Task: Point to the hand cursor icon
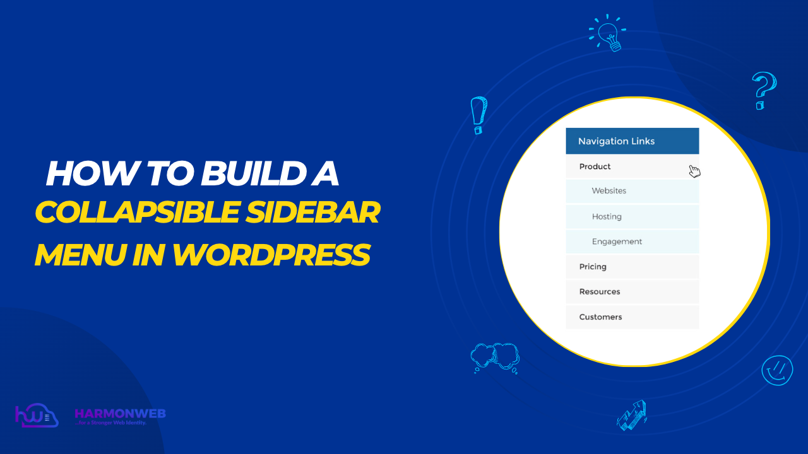tap(694, 171)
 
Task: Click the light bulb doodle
tap(608, 32)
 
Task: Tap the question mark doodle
tap(764, 90)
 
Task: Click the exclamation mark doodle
tap(479, 115)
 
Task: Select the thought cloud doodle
tap(495, 358)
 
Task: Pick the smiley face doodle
tap(776, 370)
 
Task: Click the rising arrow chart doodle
tap(632, 414)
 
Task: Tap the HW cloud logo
tap(36, 417)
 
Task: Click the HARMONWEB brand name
tap(120, 414)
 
